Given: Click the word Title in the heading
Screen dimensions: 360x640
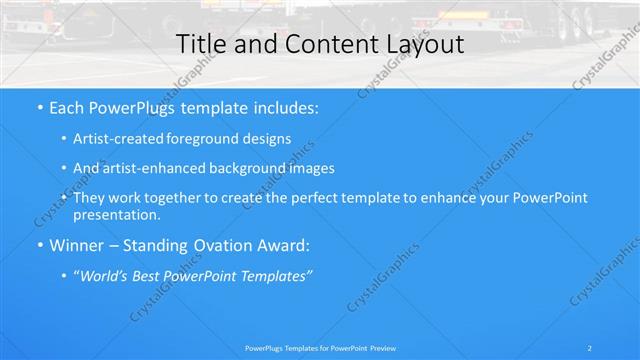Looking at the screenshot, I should point(201,44).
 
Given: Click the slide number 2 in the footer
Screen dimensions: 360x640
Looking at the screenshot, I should point(591,347).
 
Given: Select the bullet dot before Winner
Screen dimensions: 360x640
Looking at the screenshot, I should point(40,244).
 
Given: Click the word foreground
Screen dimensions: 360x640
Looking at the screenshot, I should point(207,139).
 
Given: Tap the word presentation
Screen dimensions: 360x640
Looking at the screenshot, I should point(116,214).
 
